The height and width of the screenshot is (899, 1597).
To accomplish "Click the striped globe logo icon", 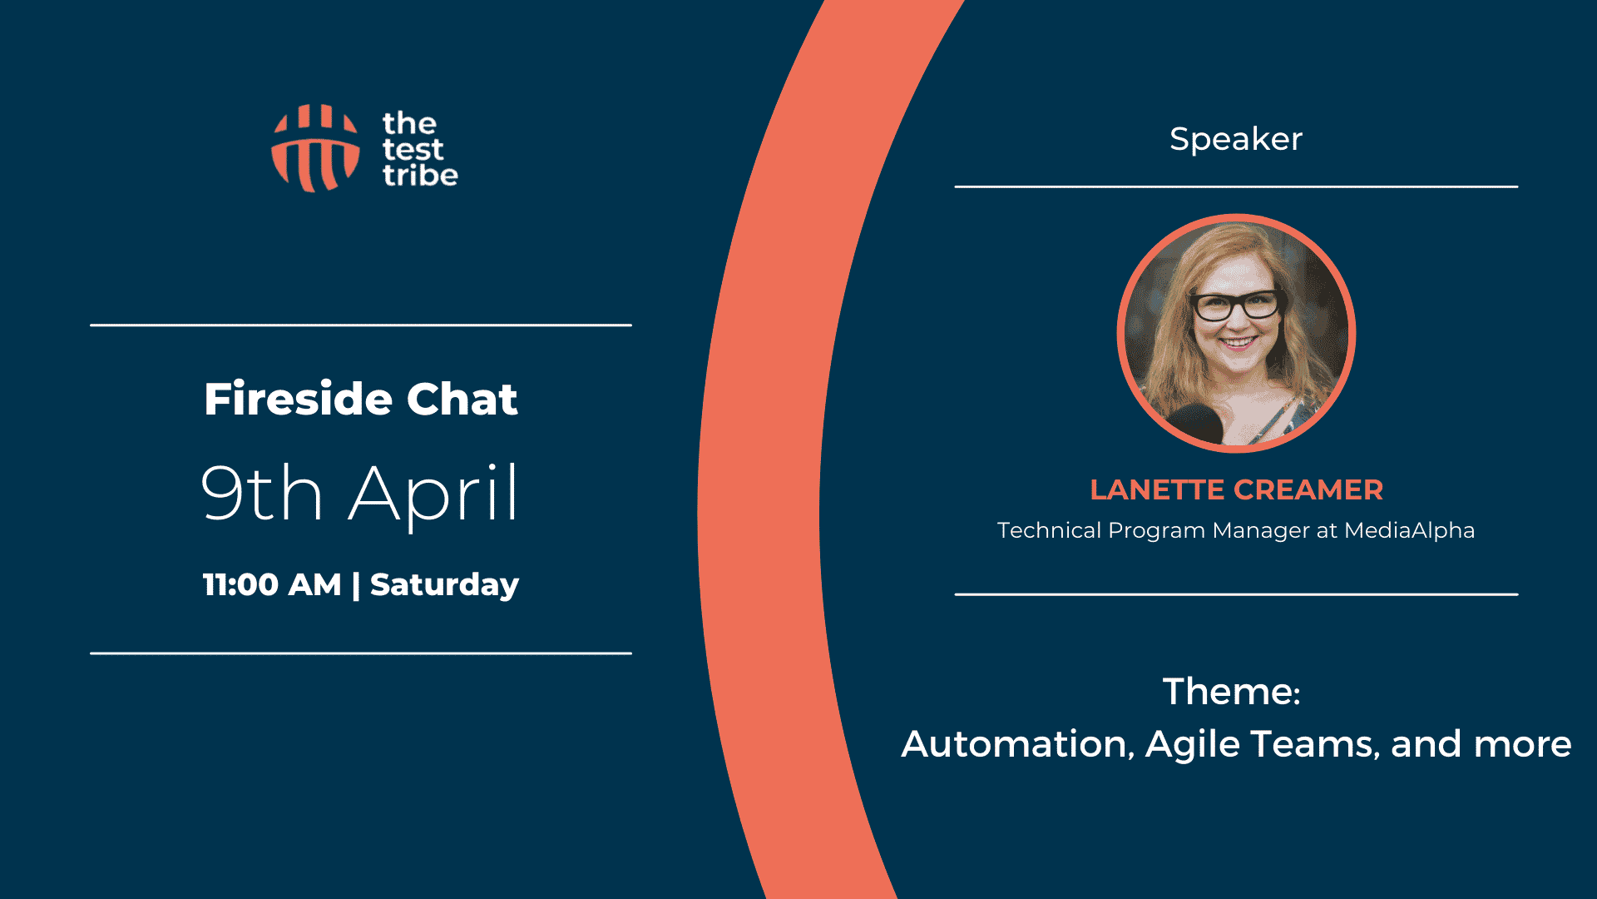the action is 315,148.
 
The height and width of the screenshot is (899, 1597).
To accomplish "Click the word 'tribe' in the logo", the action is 420,175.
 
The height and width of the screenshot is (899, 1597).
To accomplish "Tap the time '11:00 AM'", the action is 272,584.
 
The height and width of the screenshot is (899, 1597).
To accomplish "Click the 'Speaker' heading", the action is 1236,139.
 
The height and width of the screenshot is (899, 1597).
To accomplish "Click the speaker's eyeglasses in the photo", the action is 1237,305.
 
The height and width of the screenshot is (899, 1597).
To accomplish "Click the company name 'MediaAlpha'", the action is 1410,531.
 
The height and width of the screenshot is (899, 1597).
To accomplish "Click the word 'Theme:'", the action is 1232,692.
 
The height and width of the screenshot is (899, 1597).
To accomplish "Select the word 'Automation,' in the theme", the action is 1019,744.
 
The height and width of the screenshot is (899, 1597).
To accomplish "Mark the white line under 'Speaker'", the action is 1236,186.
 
